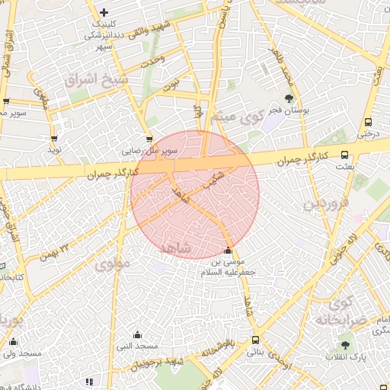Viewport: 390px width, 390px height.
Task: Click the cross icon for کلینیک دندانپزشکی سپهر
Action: [x=104, y=13]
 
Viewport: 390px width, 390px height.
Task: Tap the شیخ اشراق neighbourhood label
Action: [x=94, y=79]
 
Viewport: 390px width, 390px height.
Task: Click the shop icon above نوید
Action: [x=54, y=139]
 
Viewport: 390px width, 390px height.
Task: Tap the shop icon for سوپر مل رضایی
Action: [x=149, y=139]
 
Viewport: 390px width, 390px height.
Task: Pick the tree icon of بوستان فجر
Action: [x=289, y=98]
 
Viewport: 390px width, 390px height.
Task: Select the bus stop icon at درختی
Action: [x=369, y=121]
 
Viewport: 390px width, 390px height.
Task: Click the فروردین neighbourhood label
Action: [x=326, y=203]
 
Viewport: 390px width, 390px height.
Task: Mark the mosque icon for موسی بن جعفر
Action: [x=229, y=251]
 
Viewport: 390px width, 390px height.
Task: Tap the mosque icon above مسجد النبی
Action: [x=138, y=334]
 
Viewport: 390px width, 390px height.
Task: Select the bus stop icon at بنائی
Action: [x=254, y=340]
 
